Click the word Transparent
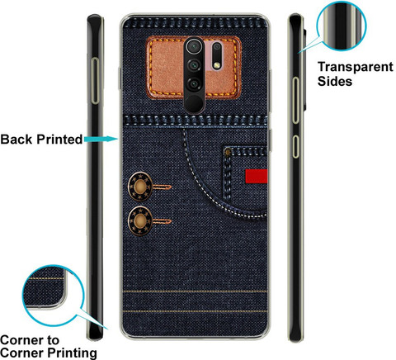[356, 67]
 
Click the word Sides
[335, 81]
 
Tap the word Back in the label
[16, 140]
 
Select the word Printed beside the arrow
[59, 140]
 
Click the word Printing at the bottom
[73, 353]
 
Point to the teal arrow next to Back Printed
[101, 140]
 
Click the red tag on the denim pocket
[257, 176]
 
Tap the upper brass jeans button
[140, 187]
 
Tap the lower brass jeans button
[140, 221]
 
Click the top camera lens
[194, 46]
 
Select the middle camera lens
[194, 65]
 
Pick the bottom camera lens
[194, 83]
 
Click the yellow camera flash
[217, 65]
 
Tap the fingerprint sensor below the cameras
[194, 103]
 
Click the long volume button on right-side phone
[295, 101]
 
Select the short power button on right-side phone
[295, 146]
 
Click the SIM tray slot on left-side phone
[95, 81]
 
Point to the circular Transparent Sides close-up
[342, 26]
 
